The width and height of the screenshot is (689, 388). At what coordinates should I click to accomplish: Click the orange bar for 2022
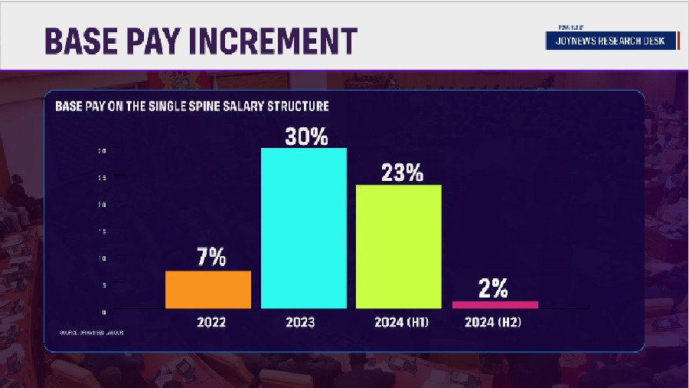click(208, 290)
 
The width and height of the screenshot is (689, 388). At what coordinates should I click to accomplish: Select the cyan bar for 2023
click(304, 229)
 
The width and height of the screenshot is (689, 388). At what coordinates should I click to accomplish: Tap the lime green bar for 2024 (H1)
click(399, 247)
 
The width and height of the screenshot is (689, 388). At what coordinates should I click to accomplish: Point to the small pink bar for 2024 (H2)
click(495, 304)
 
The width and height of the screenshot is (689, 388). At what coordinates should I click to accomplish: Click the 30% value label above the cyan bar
click(306, 137)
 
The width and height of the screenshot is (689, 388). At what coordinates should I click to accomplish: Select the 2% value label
click(495, 288)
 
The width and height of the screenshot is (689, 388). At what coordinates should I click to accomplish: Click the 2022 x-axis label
click(211, 323)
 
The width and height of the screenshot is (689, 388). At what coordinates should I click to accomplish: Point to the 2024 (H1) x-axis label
click(401, 323)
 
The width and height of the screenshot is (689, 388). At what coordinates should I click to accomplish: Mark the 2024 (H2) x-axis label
click(495, 323)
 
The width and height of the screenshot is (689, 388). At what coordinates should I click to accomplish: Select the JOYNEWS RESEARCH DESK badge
click(611, 41)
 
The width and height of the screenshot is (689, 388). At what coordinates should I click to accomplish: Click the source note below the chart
click(91, 333)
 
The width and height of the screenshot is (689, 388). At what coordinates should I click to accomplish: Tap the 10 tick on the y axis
click(103, 258)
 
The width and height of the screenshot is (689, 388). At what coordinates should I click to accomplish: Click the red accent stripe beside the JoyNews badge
click(678, 41)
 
